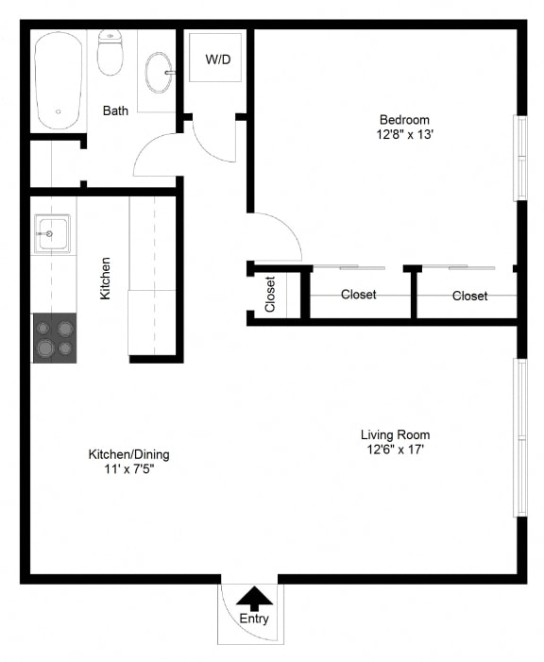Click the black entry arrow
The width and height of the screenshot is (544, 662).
253,597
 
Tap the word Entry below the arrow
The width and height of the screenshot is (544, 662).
253,620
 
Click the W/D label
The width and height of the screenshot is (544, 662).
217,59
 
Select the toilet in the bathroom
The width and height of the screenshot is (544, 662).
110,53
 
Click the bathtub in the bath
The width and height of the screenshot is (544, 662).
59,80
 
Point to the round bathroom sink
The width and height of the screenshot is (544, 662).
159,72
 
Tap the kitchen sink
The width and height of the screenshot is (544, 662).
52,233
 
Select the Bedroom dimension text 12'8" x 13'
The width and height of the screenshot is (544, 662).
404,134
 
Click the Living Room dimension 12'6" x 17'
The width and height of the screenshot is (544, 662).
395,450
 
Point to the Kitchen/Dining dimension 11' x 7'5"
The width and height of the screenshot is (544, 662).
128,468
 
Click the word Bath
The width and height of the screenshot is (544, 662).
115,111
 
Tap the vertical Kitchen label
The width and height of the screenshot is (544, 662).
105,279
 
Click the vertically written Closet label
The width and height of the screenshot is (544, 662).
270,295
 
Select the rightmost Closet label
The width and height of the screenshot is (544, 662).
469,296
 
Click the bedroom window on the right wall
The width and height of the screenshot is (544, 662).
518,158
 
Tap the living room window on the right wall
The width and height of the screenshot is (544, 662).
518,436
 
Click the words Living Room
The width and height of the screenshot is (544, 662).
395,434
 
